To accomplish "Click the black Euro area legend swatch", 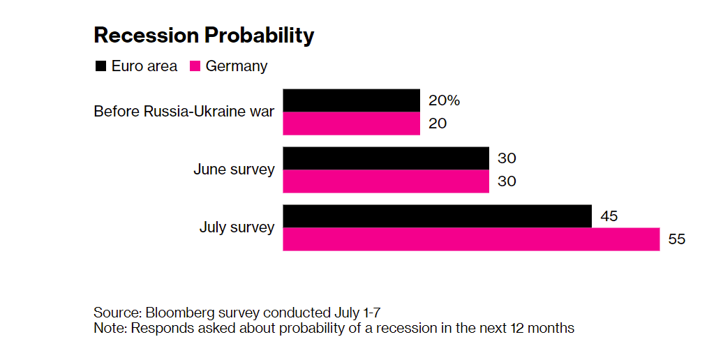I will (100, 66).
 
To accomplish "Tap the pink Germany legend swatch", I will (195, 66).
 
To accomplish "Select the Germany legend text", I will (236, 66).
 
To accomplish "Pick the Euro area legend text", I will (144, 66).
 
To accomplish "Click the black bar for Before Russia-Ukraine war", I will (351, 100).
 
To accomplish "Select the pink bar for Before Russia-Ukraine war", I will (351, 123).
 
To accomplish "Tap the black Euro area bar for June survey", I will (385, 158).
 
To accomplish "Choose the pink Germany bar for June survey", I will (385, 181).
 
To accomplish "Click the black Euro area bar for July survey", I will (437, 216).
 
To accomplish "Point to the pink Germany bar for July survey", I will (471, 239).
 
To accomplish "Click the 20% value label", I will (444, 100).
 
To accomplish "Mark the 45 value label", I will (609, 216).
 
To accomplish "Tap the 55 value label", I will (677, 239).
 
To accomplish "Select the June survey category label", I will (234, 170).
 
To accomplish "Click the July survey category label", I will (237, 227).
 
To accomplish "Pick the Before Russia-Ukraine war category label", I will (184, 112).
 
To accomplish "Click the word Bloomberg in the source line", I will (174, 312).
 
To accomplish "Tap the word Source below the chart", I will (115, 312).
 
